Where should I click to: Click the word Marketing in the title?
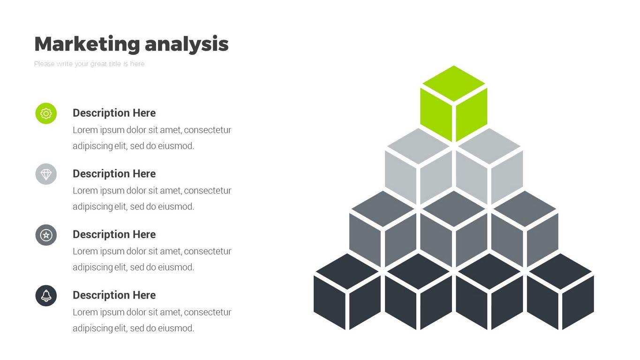click(87, 44)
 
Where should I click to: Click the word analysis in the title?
click(187, 45)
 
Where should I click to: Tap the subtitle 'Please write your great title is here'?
click(89, 64)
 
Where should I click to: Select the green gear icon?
click(46, 113)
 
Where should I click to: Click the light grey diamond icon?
click(46, 174)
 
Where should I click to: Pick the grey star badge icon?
click(46, 235)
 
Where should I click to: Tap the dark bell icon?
click(46, 296)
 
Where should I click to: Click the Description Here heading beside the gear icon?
click(114, 113)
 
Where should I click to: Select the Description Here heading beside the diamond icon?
click(114, 174)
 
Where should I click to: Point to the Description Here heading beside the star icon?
click(114, 234)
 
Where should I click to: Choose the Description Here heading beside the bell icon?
click(114, 295)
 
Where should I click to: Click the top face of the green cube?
click(454, 83)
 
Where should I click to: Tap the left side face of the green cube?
click(436, 115)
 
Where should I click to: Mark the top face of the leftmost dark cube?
click(347, 271)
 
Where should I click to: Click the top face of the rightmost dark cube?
click(560, 271)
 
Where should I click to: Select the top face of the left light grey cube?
click(418, 146)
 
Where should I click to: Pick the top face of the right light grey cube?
click(489, 146)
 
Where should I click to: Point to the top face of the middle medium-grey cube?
click(454, 209)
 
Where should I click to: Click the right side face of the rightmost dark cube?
click(578, 302)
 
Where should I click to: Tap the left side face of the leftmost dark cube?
click(330, 302)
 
